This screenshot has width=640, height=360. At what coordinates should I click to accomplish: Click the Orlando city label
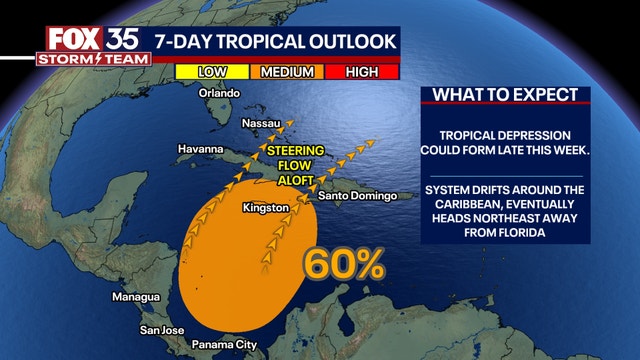click(x=220, y=93)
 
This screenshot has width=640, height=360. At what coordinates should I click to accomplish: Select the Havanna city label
click(x=202, y=149)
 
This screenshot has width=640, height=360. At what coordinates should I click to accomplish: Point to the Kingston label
click(x=266, y=208)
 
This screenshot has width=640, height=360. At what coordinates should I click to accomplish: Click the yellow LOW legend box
click(x=212, y=71)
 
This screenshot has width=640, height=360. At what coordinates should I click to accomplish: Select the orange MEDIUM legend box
click(x=289, y=71)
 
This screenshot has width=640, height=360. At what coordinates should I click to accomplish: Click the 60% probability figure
click(x=344, y=264)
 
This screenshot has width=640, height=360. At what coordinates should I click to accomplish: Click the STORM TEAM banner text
click(x=83, y=59)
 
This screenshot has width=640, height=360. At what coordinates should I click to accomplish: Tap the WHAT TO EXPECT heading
click(x=505, y=95)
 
